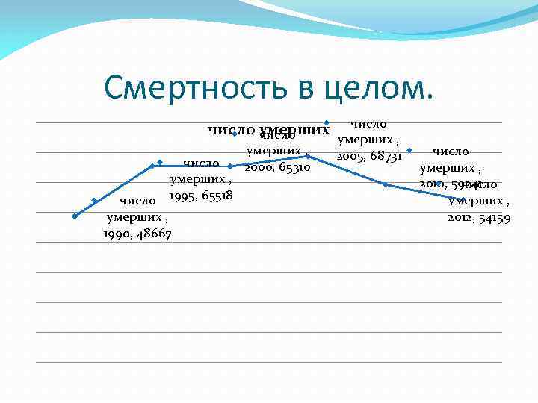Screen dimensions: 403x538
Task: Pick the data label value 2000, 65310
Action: [277, 169]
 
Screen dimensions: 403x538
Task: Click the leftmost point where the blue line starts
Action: [75, 216]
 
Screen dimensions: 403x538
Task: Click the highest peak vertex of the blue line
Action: [308, 156]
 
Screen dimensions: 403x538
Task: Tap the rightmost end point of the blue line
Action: [463, 200]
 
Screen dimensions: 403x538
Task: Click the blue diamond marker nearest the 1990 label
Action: [95, 200]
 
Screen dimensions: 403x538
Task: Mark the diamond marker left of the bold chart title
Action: [234, 135]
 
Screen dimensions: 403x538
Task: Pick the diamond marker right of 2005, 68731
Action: [409, 151]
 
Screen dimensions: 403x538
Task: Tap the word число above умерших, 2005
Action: [368, 122]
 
